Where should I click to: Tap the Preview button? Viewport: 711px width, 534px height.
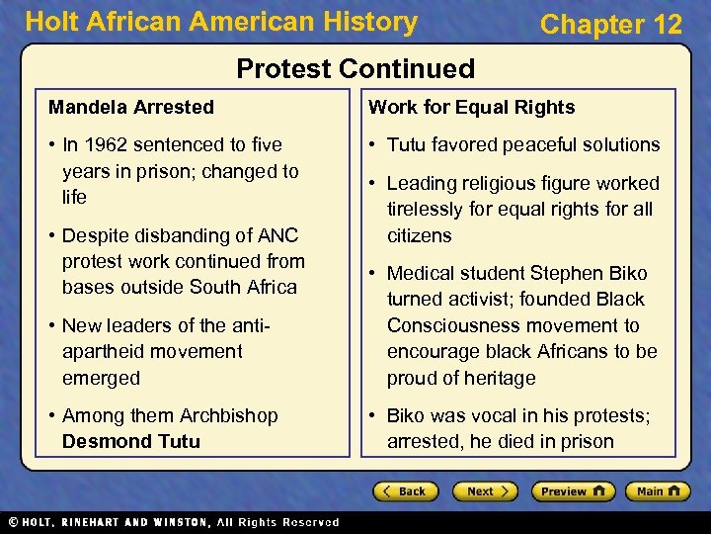tap(572, 491)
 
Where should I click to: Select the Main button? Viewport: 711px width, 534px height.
tap(657, 491)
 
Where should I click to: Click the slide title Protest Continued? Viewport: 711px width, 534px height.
tap(355, 68)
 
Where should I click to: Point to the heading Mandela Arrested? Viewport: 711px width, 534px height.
tap(131, 107)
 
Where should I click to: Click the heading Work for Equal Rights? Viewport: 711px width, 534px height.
tap(471, 107)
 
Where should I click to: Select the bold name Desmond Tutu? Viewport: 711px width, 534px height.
tap(130, 441)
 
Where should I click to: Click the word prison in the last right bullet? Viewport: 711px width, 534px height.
tap(588, 441)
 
